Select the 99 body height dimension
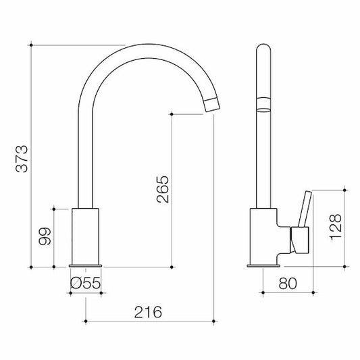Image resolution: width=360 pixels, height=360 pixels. click(44, 237)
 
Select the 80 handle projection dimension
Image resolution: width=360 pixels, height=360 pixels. click(287, 285)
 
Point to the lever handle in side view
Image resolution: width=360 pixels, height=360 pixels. click(305, 209)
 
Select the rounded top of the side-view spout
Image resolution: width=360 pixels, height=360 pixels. click(263, 51)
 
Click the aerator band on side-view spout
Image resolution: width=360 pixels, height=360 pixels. click(263, 103)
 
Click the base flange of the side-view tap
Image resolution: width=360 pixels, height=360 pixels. click(263, 265)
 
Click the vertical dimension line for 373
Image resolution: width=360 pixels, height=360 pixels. click(34, 155)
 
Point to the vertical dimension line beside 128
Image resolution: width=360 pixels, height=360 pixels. click(346, 228)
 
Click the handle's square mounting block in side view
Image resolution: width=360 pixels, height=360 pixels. click(299, 240)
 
